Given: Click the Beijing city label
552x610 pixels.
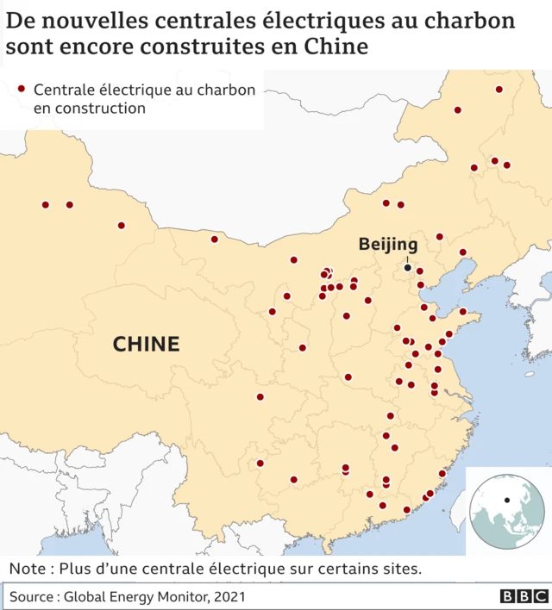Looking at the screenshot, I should click(x=388, y=245).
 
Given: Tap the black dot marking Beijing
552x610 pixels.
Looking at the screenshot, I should click(x=408, y=268).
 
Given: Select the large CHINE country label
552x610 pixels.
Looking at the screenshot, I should click(x=147, y=345).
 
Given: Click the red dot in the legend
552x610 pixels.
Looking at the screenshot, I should click(x=22, y=89).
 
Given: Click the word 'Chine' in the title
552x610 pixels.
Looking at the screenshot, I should click(x=336, y=46).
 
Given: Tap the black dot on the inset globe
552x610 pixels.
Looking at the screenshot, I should click(x=507, y=500).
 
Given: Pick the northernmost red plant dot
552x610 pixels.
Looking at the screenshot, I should click(x=499, y=90).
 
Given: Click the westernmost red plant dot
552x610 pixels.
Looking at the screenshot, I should click(x=45, y=205).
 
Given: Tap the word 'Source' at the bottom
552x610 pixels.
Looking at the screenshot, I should click(x=33, y=596).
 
